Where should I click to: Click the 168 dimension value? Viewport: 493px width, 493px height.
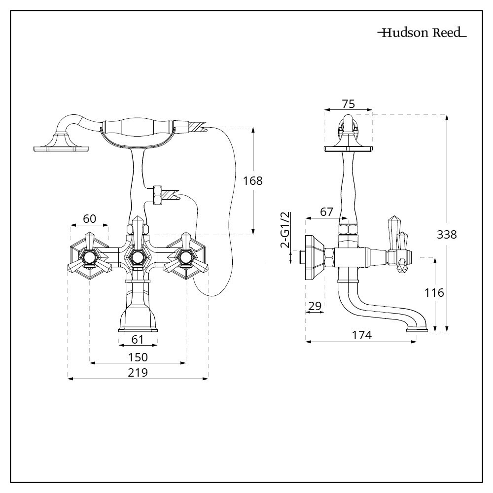[253, 180]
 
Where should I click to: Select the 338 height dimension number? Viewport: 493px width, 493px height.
[447, 234]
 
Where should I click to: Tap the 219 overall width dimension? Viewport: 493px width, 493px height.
[138, 373]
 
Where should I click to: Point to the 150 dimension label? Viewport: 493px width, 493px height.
[138, 356]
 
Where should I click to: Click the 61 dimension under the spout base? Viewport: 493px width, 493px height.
[138, 339]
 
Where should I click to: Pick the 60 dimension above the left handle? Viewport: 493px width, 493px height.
[89, 218]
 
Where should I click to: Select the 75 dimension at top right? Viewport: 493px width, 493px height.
[348, 104]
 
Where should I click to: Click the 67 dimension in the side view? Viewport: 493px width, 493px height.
[327, 211]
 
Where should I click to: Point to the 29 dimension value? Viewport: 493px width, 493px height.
[315, 306]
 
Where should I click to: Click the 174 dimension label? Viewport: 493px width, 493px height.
[361, 335]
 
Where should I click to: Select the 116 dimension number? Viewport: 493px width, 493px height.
[434, 293]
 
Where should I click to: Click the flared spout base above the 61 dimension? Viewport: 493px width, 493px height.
[138, 318]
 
